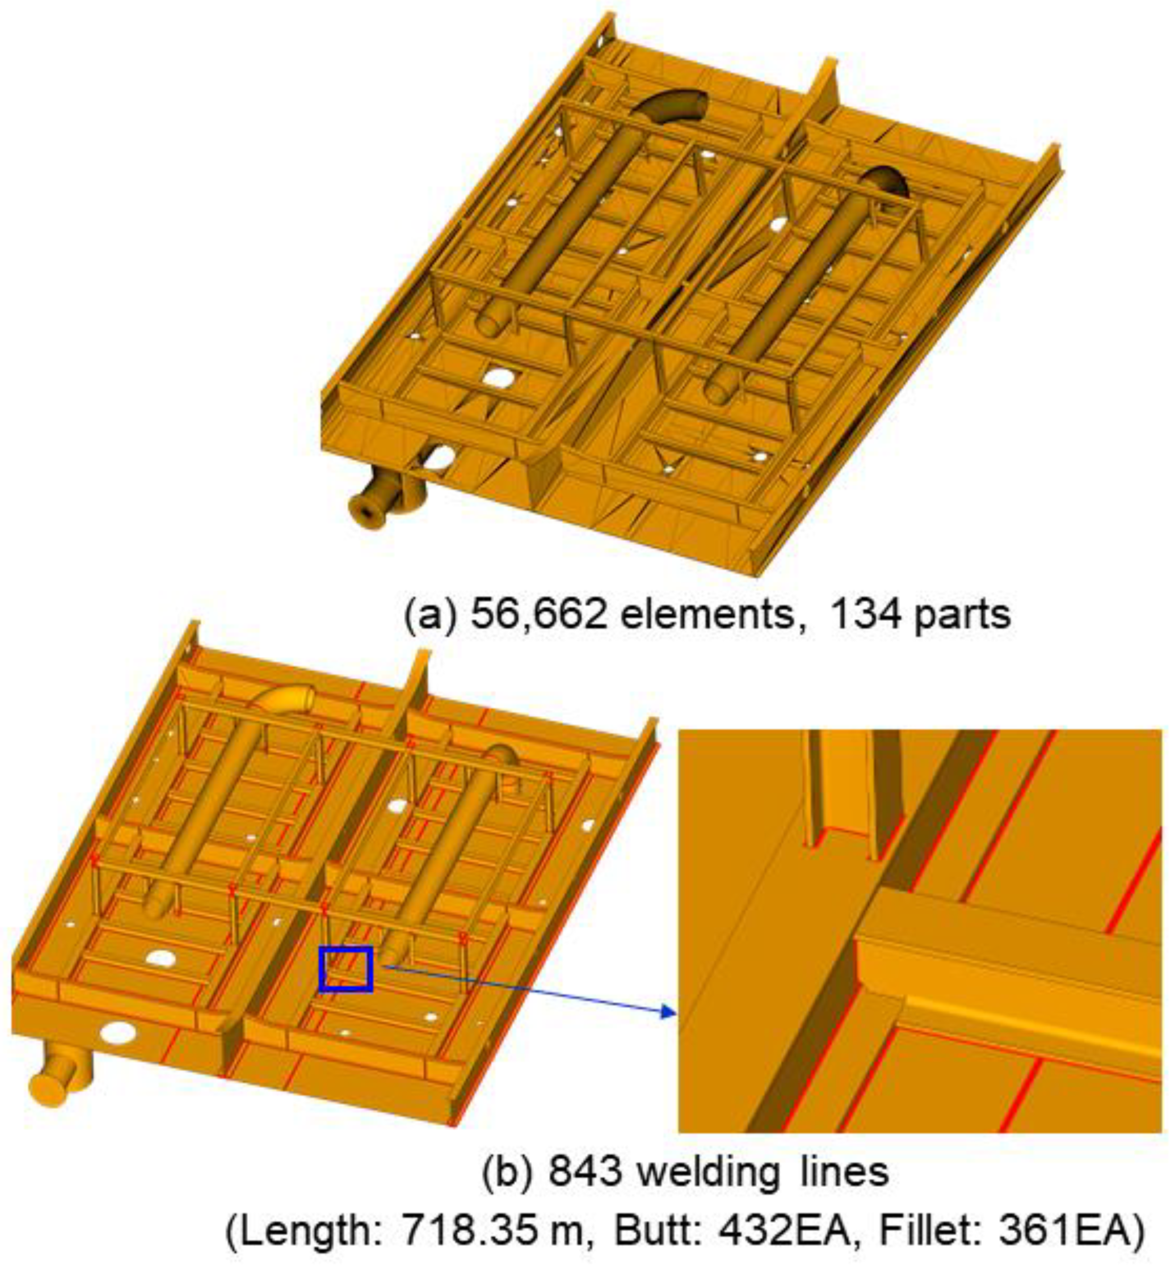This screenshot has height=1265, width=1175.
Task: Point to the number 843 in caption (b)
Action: pyautogui.click(x=585, y=1172)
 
